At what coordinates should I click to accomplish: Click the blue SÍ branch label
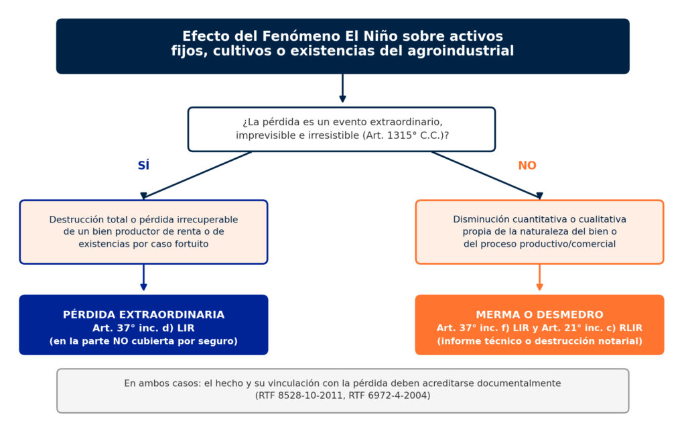(143, 165)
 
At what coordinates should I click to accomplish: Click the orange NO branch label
(527, 166)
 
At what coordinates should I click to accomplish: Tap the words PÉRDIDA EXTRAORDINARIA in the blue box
(143, 314)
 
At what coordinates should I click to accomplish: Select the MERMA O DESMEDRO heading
(539, 314)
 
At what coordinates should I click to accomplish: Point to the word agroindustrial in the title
(461, 51)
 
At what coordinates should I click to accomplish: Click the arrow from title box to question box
(342, 88)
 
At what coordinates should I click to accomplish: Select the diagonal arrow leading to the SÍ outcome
(198, 175)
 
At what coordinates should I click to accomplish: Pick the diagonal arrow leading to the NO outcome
(487, 175)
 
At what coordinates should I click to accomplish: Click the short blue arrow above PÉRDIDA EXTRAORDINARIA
(143, 277)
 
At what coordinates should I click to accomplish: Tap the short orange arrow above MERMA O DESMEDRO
(539, 277)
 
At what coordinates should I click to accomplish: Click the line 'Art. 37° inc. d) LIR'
(143, 328)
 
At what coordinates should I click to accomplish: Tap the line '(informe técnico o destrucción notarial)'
(539, 341)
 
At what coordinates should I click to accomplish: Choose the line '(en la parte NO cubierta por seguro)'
(143, 341)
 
